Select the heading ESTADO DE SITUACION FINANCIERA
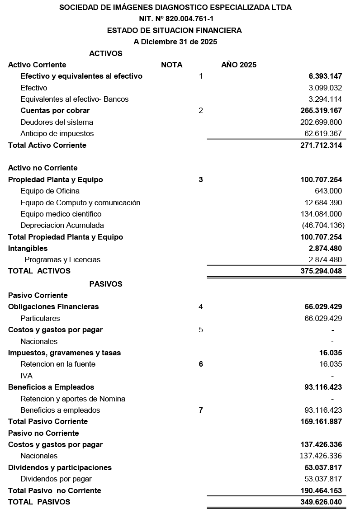[x=174, y=31]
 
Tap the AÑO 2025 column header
[x=238, y=65]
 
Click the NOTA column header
[x=171, y=65]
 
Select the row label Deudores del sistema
[x=57, y=122]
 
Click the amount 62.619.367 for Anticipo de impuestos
[x=323, y=133]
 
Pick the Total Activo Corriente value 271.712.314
[x=321, y=145]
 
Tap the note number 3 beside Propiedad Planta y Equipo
[x=200, y=179]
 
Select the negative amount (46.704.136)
[x=323, y=225]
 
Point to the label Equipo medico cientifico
[x=61, y=214]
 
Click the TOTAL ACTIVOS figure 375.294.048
[x=321, y=271]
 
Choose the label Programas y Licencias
[x=62, y=259]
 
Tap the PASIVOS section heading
[x=105, y=284]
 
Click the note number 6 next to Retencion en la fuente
[x=200, y=364]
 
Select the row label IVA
[x=26, y=376]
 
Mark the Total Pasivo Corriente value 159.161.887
[x=321, y=421]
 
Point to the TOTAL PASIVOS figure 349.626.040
[x=321, y=502]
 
